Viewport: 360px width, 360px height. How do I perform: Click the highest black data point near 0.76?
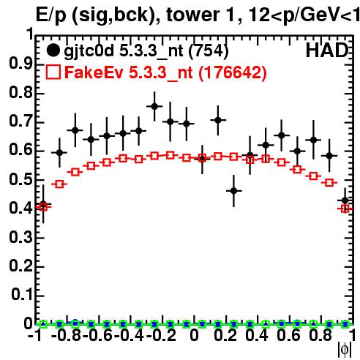pos(154,106)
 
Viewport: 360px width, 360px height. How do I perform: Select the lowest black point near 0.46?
pos(233,191)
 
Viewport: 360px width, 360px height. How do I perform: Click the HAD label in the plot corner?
pos(327,50)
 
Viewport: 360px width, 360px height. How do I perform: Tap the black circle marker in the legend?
pos(53,50)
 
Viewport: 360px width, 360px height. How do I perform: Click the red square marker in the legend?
pos(53,72)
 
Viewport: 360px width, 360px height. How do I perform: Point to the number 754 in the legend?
pos(209,50)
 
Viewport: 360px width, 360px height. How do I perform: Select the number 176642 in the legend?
pos(233,72)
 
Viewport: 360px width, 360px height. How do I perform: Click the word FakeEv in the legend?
pos(94,72)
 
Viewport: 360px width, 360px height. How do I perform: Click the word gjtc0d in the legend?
pos(89,52)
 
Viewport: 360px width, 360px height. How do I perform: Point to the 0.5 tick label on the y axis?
pos(20,179)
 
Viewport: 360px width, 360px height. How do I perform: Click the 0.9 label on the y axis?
pos(20,64)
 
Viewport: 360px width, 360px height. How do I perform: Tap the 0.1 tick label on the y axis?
pos(21,295)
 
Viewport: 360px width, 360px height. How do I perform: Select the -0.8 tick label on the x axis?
pos(67,335)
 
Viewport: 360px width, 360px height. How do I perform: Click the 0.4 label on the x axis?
pos(257,335)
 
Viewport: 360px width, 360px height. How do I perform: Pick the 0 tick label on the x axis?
pos(194,335)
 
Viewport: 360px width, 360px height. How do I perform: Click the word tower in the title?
pos(201,15)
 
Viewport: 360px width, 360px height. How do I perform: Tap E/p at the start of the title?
pos(51,15)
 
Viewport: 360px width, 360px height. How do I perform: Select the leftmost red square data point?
pos(43,207)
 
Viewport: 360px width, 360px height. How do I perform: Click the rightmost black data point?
pos(345,200)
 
